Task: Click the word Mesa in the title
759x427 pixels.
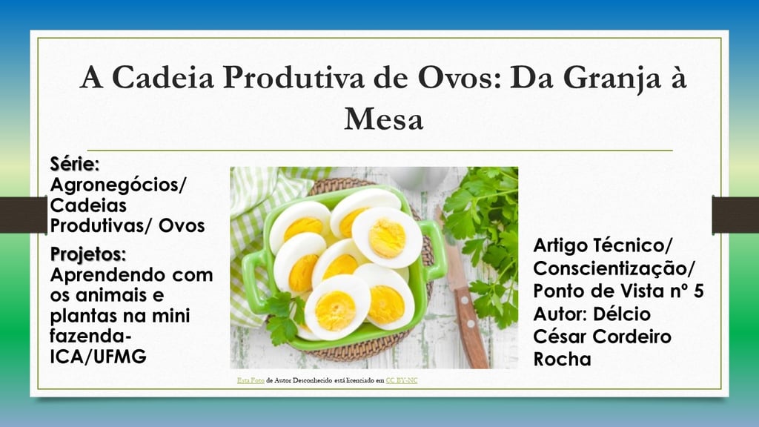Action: (383, 119)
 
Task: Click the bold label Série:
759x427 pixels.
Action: (75, 164)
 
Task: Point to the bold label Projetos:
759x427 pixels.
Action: (87, 254)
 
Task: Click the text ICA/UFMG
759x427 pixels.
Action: (98, 357)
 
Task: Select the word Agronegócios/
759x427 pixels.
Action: (118, 185)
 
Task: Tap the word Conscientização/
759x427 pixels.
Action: (614, 268)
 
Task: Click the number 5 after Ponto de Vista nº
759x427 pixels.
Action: (698, 291)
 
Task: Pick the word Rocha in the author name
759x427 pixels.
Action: (562, 360)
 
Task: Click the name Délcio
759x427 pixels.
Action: (622, 314)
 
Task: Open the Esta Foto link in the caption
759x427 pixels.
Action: (251, 380)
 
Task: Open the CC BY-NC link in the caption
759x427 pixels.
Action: (401, 380)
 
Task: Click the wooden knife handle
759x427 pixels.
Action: (472, 327)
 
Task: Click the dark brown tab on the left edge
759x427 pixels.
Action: (23, 215)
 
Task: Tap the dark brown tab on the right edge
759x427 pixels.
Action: (735, 215)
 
